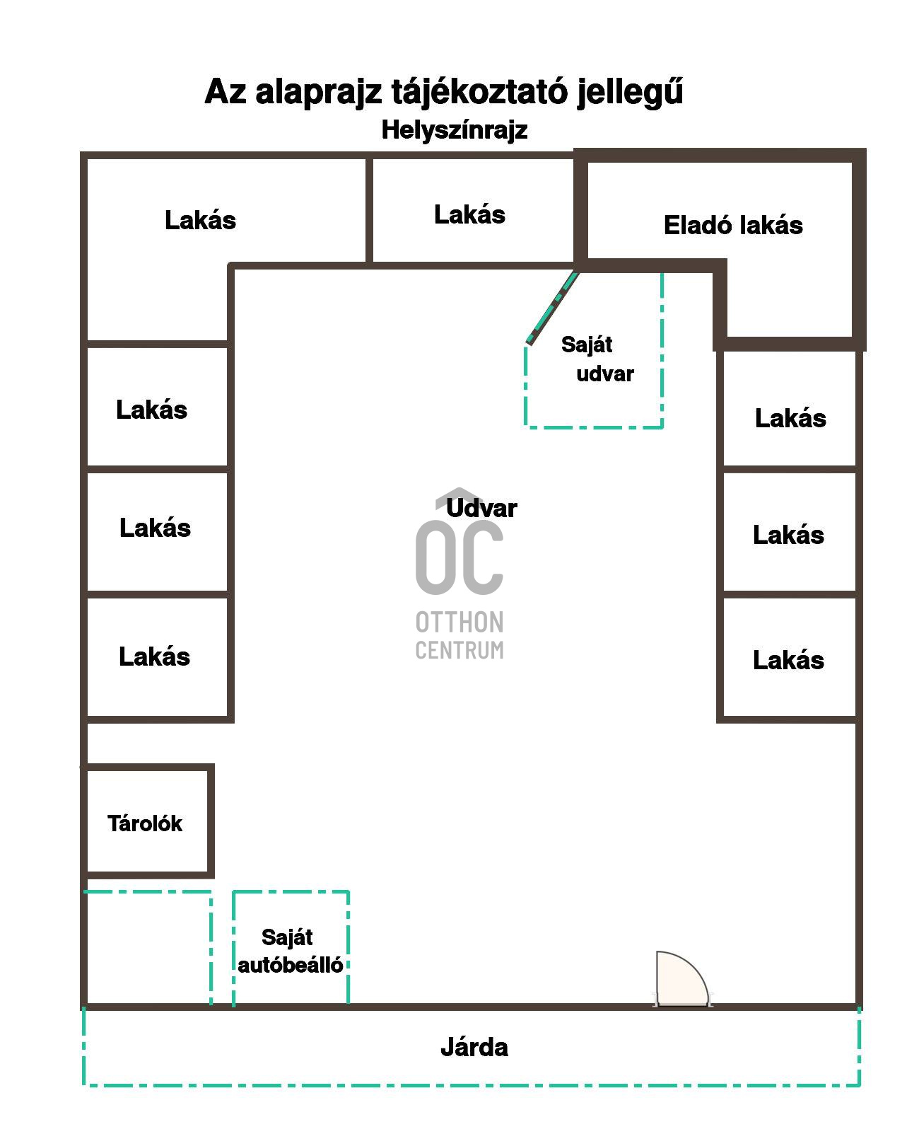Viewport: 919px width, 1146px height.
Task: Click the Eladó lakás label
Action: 732,226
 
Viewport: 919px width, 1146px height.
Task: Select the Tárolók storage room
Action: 145,823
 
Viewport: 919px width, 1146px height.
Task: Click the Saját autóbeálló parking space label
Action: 290,951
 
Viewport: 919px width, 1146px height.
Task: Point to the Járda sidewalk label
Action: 474,1047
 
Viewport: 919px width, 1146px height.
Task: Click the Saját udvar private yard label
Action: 597,359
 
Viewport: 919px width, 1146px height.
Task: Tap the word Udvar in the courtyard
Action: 481,508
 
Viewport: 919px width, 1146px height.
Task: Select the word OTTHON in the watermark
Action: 459,623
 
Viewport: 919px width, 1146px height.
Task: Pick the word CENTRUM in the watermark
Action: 459,650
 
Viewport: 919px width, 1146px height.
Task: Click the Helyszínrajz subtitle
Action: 454,130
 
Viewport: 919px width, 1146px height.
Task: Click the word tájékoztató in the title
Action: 481,92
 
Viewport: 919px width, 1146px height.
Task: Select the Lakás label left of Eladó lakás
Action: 469,214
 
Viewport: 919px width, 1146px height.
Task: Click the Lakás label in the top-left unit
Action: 200,220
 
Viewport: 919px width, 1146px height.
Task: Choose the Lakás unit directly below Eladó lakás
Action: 790,418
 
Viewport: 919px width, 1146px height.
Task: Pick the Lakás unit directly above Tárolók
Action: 154,656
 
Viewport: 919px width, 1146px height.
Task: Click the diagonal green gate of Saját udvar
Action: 553,308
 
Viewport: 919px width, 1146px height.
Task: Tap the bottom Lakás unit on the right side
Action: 788,660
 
